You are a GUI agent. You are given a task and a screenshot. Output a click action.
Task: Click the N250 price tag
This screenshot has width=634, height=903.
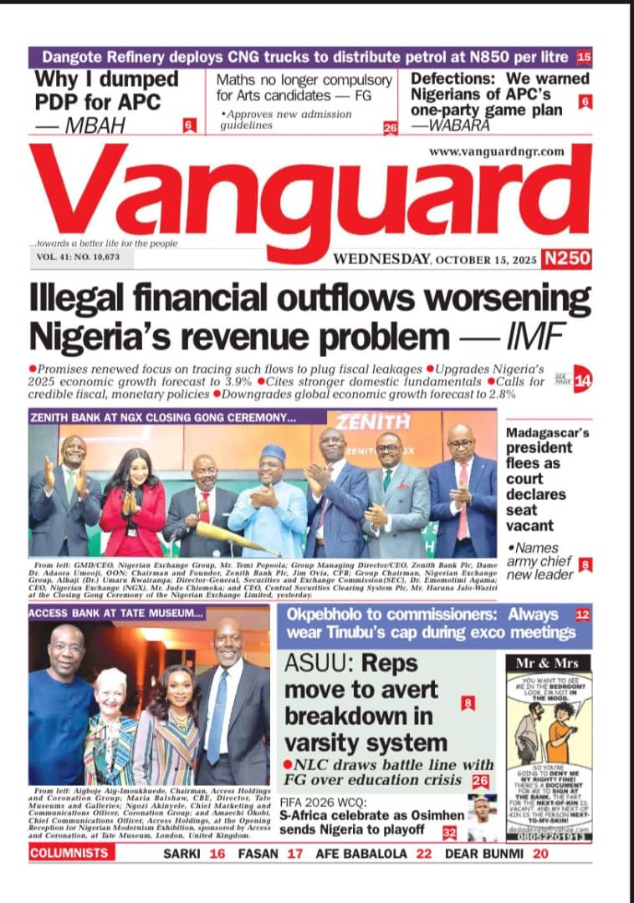click(x=566, y=258)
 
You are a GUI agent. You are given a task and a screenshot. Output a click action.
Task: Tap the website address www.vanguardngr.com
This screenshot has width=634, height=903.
click(x=497, y=152)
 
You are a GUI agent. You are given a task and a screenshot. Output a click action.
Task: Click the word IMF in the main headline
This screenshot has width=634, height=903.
click(x=534, y=336)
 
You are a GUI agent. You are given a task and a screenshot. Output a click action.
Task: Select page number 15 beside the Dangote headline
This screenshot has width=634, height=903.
click(x=584, y=58)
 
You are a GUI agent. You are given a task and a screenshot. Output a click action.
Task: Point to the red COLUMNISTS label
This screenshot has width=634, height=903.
click(x=69, y=854)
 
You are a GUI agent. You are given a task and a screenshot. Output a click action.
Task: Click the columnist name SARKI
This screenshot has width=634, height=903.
click(x=183, y=854)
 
